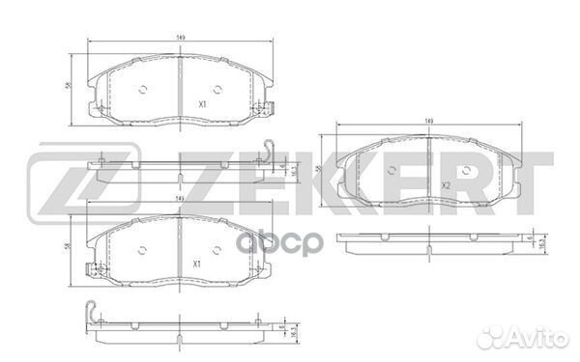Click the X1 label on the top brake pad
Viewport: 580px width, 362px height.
202,103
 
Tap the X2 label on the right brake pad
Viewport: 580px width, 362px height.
447,185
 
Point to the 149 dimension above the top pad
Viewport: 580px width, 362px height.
181,38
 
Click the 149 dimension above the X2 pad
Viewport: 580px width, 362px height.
428,121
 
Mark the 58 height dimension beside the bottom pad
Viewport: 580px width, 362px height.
67,248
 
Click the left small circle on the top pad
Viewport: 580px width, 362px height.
142,93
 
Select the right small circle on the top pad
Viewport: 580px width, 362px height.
220,93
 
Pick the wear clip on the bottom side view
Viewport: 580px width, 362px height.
94,314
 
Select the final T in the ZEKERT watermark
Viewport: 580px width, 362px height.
530,181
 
